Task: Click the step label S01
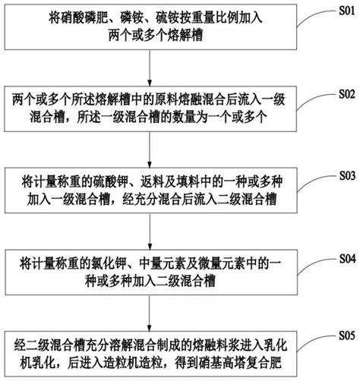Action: tap(347, 11)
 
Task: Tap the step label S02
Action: tap(347, 94)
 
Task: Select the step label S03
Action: tap(347, 175)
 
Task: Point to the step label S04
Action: tap(347, 259)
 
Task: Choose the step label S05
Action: tap(347, 335)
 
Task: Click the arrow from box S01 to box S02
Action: tap(150, 68)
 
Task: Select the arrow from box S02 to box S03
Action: tap(150, 150)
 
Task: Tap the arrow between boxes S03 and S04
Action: tap(150, 231)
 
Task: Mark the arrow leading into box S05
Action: tap(150, 313)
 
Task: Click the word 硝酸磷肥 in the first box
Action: tap(78, 19)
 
